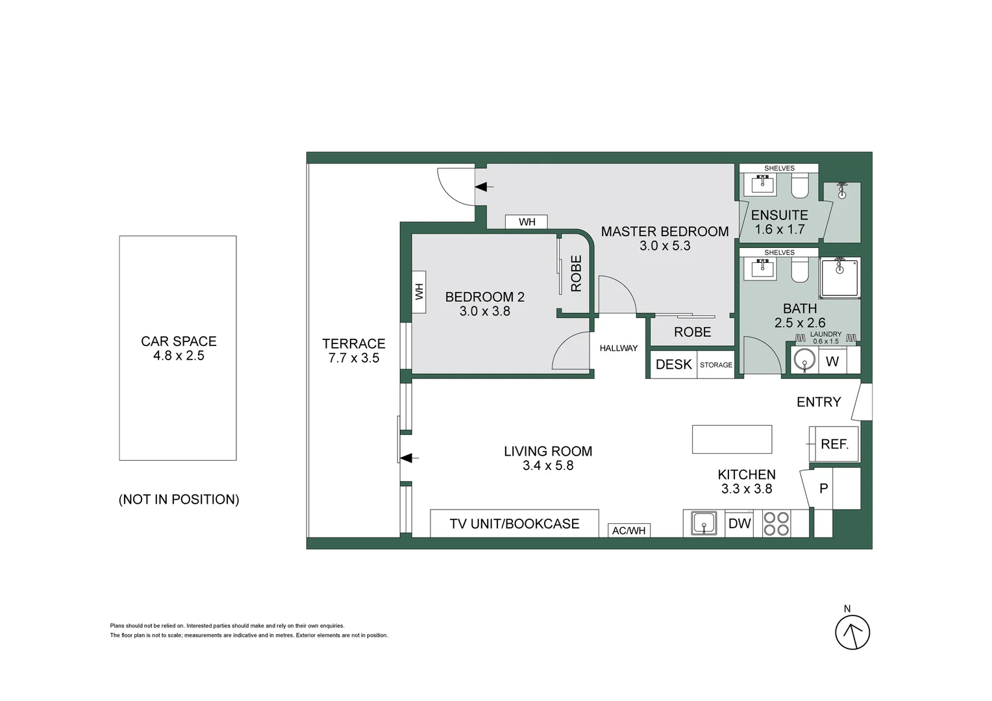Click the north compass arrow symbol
click(x=852, y=632)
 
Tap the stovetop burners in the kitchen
click(x=776, y=524)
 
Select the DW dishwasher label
click(x=739, y=524)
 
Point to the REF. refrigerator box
click(x=834, y=444)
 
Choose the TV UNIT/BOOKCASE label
click(x=514, y=524)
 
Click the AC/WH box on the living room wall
click(x=628, y=531)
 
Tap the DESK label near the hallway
click(x=673, y=365)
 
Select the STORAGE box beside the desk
click(x=716, y=365)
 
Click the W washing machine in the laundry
click(x=832, y=361)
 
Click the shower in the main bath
click(x=839, y=278)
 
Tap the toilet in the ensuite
click(x=799, y=187)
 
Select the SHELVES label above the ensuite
click(x=779, y=168)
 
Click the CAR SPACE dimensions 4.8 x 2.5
click(x=179, y=356)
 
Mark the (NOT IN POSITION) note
click(x=179, y=499)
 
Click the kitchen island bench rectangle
click(x=732, y=439)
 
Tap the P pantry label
click(x=823, y=488)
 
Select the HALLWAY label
click(x=618, y=349)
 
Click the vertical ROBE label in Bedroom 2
click(x=576, y=273)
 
